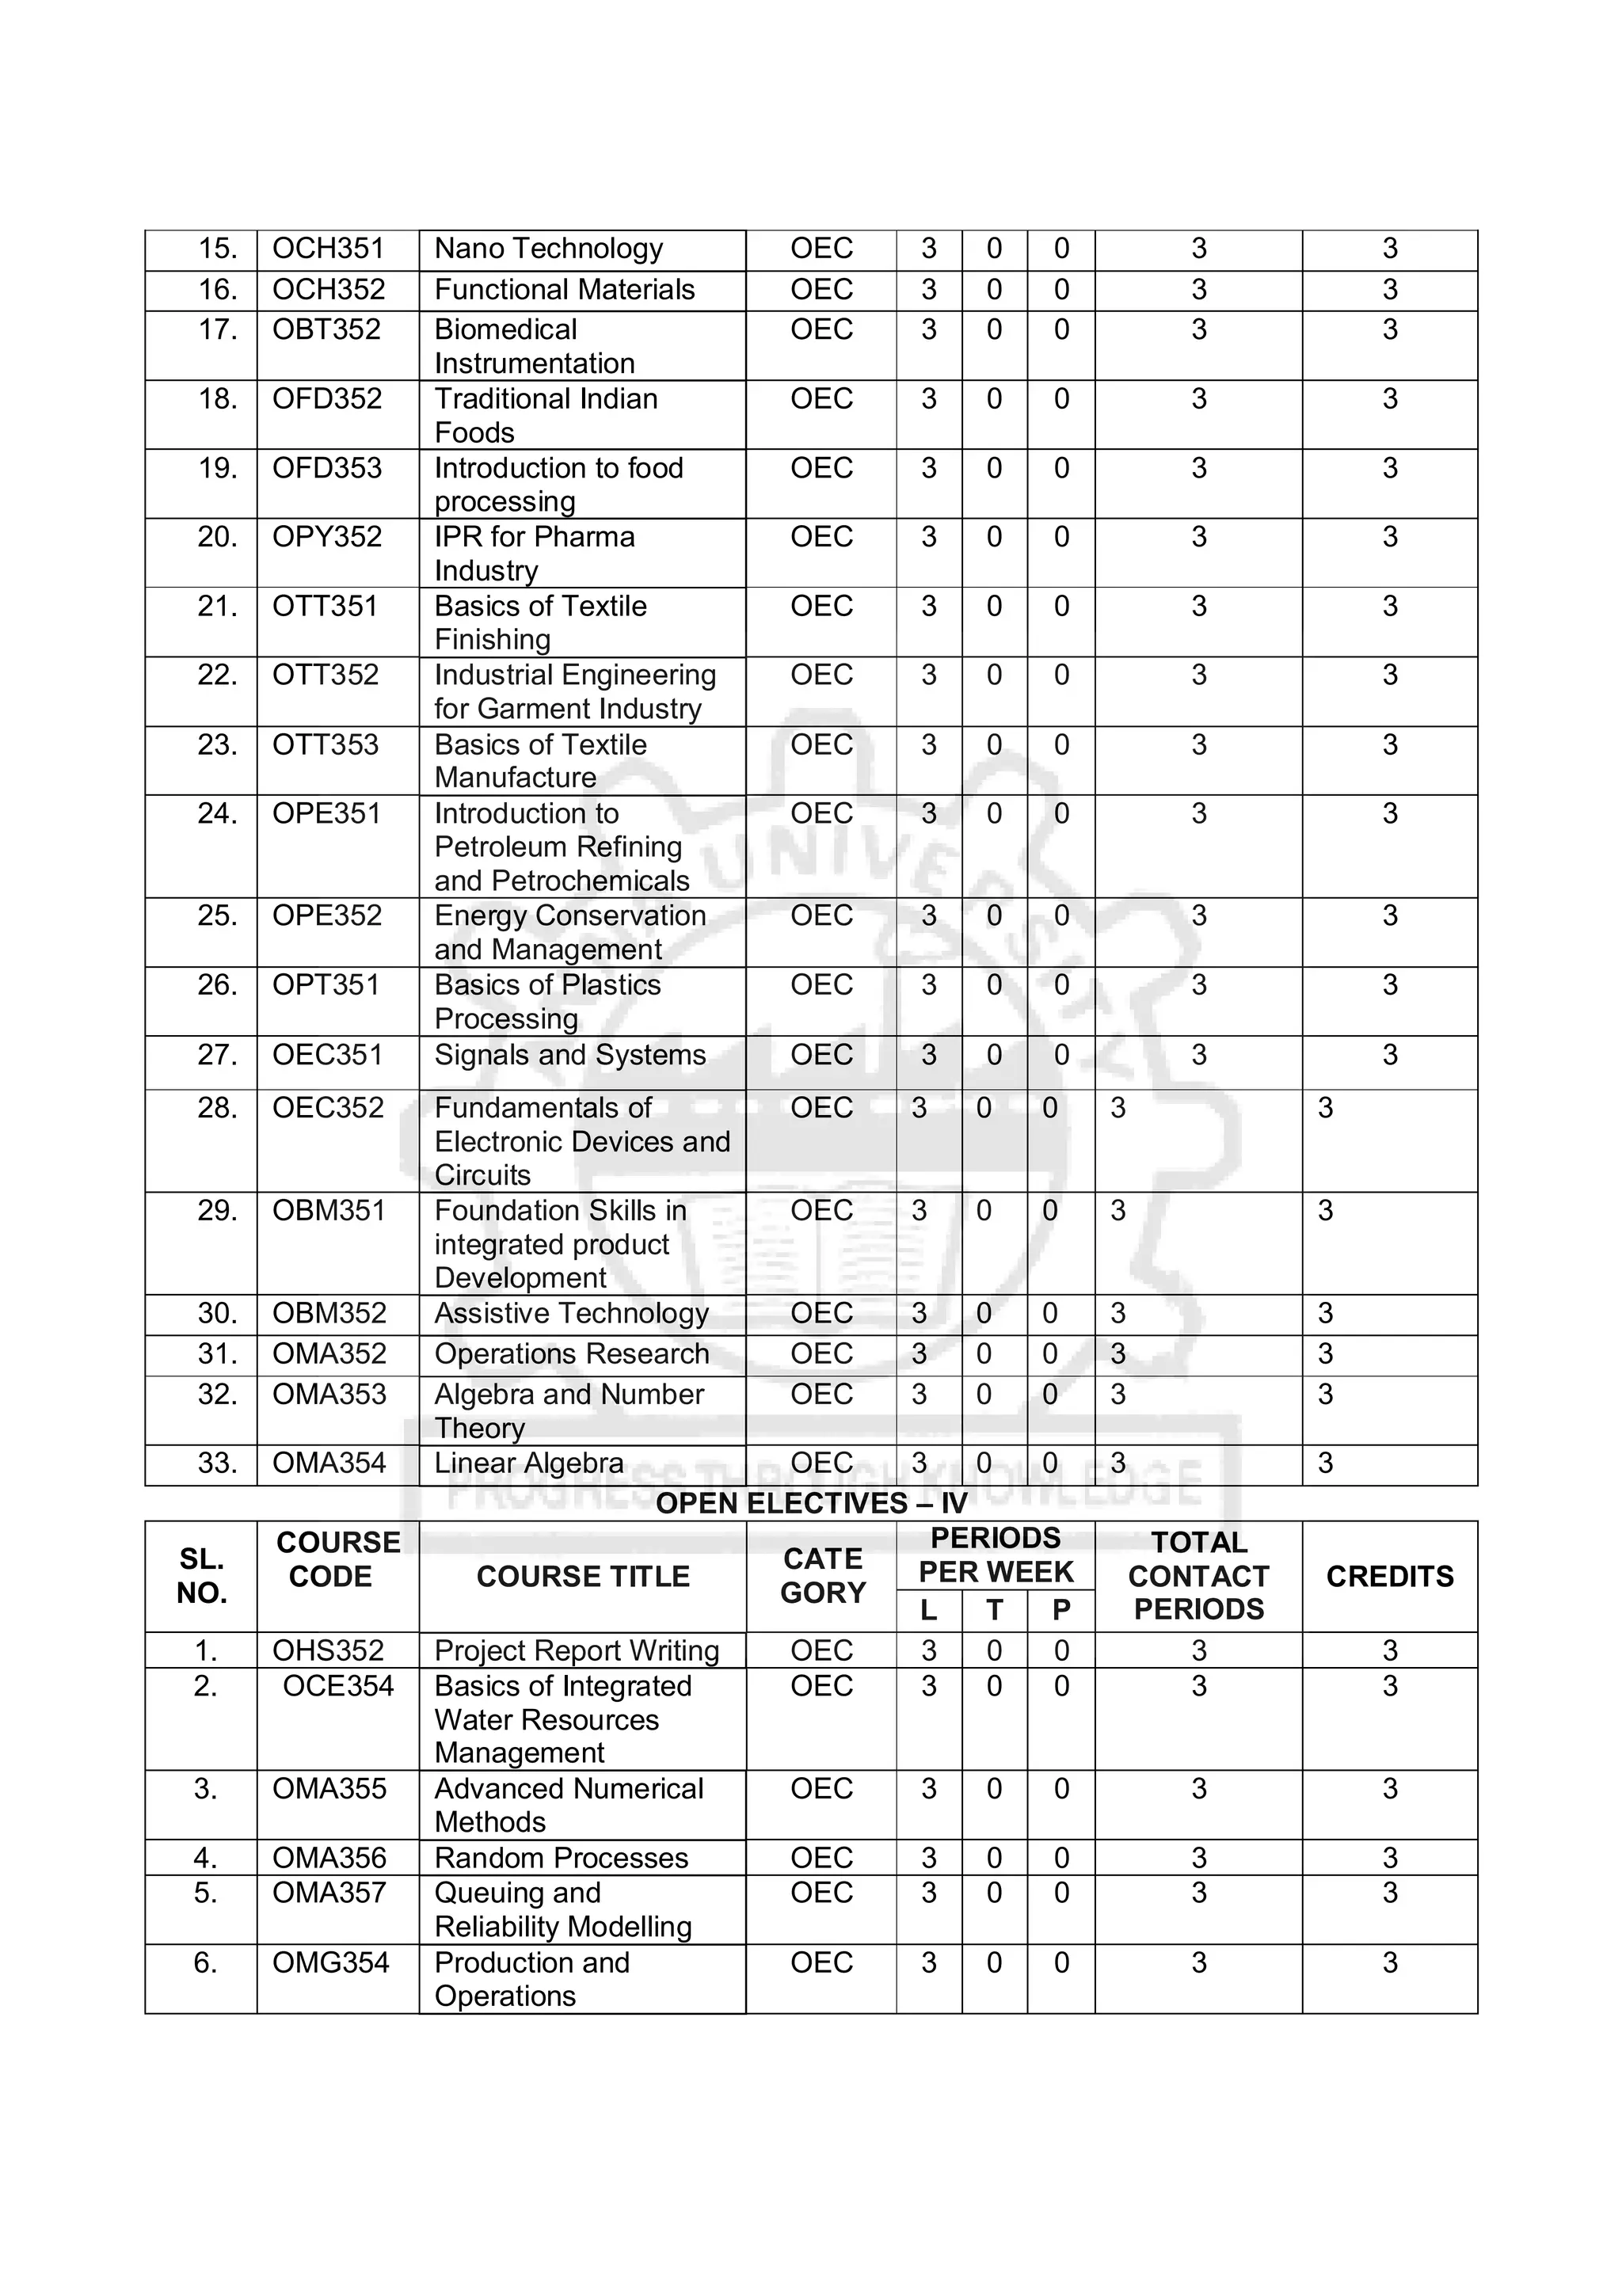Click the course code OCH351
328,249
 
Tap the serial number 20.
217,537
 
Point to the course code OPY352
327,537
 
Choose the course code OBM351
329,1211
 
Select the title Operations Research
572,1353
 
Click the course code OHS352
329,1650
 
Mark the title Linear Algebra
529,1463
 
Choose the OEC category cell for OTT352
821,675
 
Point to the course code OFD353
327,468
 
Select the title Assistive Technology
572,1314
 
